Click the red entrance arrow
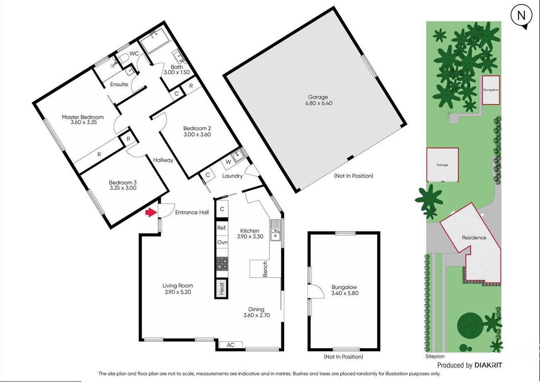(x=151, y=212)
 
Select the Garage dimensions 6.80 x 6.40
(x=319, y=103)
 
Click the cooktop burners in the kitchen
(x=222, y=264)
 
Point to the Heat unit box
(x=222, y=288)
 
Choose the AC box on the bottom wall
(x=231, y=345)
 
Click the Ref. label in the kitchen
(x=222, y=228)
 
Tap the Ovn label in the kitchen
(x=222, y=242)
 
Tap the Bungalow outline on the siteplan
(x=491, y=90)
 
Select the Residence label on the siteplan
(x=474, y=238)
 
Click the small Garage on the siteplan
(x=442, y=165)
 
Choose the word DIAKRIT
(x=488, y=365)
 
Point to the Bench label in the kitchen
(x=265, y=269)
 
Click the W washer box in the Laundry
(x=228, y=162)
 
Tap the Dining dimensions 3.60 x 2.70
(x=257, y=315)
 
